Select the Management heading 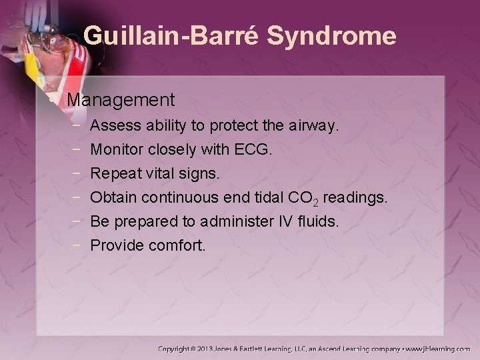(121, 100)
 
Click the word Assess (112, 125)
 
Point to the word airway (317, 125)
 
